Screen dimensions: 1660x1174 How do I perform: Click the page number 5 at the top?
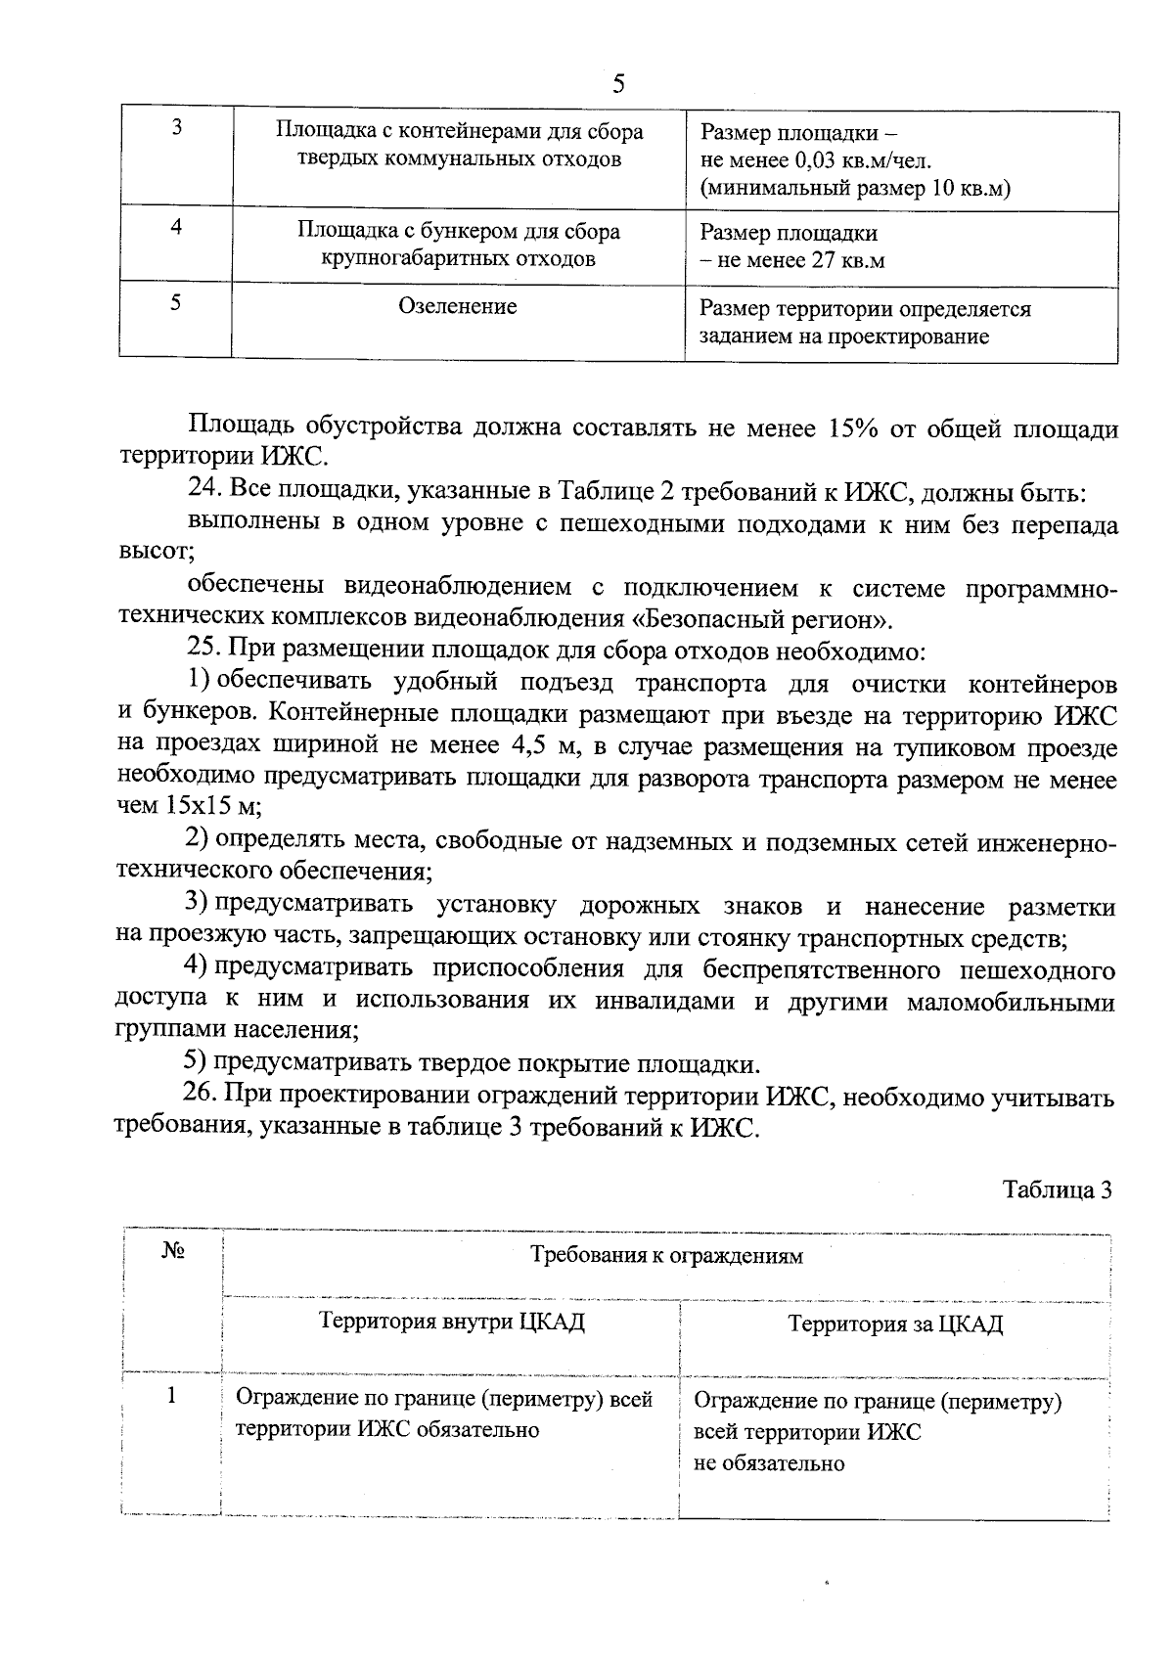click(617, 83)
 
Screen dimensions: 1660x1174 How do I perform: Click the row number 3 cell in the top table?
click(176, 128)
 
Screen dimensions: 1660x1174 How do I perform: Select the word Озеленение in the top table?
click(458, 306)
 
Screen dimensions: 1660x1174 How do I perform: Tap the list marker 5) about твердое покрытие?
click(196, 1063)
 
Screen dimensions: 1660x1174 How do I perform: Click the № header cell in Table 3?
click(172, 1253)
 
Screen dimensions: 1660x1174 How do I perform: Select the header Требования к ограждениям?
click(666, 1256)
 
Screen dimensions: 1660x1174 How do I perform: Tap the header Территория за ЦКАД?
click(895, 1324)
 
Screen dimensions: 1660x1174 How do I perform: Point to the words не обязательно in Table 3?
click(769, 1463)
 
